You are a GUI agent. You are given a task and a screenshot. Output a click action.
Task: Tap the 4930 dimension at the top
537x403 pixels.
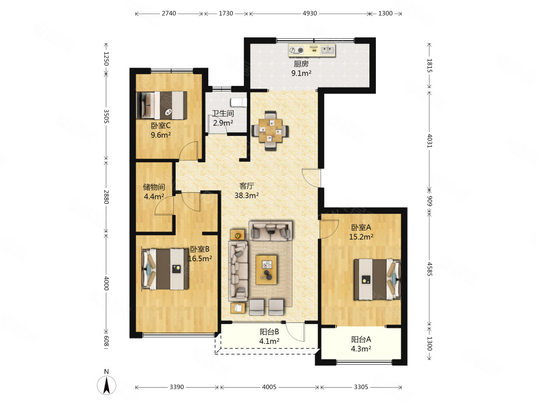pyautogui.click(x=310, y=13)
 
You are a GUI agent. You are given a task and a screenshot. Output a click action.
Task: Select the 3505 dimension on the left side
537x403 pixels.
pyautogui.click(x=106, y=116)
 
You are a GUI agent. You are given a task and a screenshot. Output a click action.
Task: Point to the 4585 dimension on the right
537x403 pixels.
pyautogui.click(x=430, y=269)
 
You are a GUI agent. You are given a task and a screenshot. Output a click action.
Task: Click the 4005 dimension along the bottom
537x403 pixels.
pyautogui.click(x=269, y=387)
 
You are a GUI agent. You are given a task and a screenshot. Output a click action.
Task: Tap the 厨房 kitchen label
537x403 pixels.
pyautogui.click(x=301, y=64)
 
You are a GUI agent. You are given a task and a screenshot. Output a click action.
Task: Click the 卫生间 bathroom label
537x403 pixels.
pyautogui.click(x=223, y=113)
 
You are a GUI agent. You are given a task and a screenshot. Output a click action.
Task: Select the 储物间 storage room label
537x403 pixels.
pyautogui.click(x=154, y=187)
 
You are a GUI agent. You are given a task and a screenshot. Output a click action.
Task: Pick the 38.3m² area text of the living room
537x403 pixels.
pyautogui.click(x=246, y=196)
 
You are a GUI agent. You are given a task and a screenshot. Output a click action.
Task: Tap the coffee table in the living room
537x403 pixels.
pyautogui.click(x=266, y=269)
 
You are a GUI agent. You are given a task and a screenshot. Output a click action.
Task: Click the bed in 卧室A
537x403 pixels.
pyautogui.click(x=377, y=279)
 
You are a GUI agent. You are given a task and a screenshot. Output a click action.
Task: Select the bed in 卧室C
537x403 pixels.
pyautogui.click(x=162, y=105)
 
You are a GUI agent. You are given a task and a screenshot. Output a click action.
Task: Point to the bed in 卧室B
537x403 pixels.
pyautogui.click(x=165, y=269)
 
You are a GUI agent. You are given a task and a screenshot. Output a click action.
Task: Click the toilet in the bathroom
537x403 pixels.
pyautogui.click(x=239, y=102)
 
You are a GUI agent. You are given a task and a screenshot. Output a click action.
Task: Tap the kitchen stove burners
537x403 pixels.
pyautogui.click(x=296, y=51)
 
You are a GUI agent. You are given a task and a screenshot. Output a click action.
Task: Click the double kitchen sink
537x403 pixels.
pyautogui.click(x=328, y=50)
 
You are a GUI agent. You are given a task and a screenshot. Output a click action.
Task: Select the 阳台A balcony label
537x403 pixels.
pyautogui.click(x=361, y=340)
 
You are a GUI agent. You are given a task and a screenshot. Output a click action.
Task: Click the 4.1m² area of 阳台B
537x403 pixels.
pyautogui.click(x=269, y=341)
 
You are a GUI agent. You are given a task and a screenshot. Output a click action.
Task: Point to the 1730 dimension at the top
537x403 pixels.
pyautogui.click(x=226, y=13)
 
